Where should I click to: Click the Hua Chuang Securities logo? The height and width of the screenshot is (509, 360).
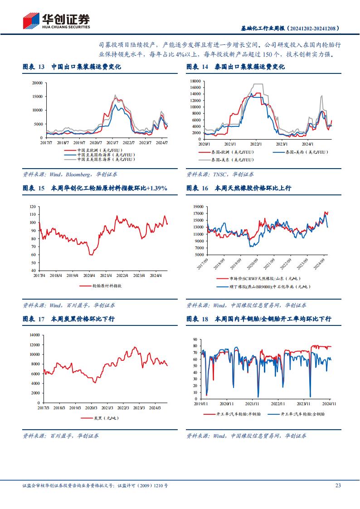56,20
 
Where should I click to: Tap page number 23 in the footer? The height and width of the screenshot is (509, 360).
338,485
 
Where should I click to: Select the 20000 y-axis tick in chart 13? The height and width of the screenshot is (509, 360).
37,83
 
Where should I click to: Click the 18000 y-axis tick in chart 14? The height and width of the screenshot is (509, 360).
195,81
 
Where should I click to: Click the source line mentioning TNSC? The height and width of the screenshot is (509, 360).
220,174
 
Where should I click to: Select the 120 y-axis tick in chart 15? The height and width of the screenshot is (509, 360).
32,207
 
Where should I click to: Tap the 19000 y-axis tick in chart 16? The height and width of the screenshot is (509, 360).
198,207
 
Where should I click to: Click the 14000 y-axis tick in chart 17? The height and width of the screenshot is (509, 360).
34,335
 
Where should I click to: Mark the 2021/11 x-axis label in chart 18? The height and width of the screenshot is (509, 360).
252,403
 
